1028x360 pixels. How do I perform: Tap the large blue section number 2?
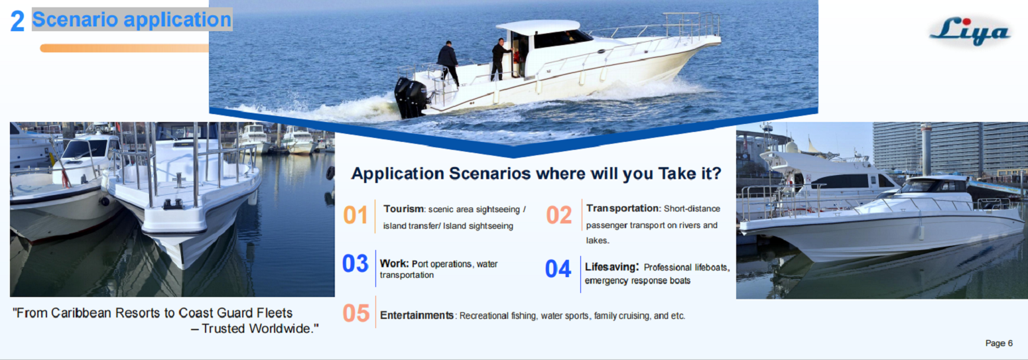(x=17, y=22)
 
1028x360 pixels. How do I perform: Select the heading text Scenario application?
(x=132, y=20)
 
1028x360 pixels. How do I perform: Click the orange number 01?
(x=355, y=215)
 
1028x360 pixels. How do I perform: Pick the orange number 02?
(x=559, y=215)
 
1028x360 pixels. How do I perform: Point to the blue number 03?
(x=355, y=264)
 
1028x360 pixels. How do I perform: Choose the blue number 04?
(x=558, y=269)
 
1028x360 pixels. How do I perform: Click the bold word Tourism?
(x=403, y=209)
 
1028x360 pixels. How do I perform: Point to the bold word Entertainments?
(x=417, y=316)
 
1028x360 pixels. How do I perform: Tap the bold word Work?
(x=393, y=263)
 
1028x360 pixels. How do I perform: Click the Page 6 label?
(x=999, y=343)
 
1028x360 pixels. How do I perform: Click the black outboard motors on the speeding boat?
(x=411, y=97)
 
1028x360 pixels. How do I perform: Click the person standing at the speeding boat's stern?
(x=448, y=63)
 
